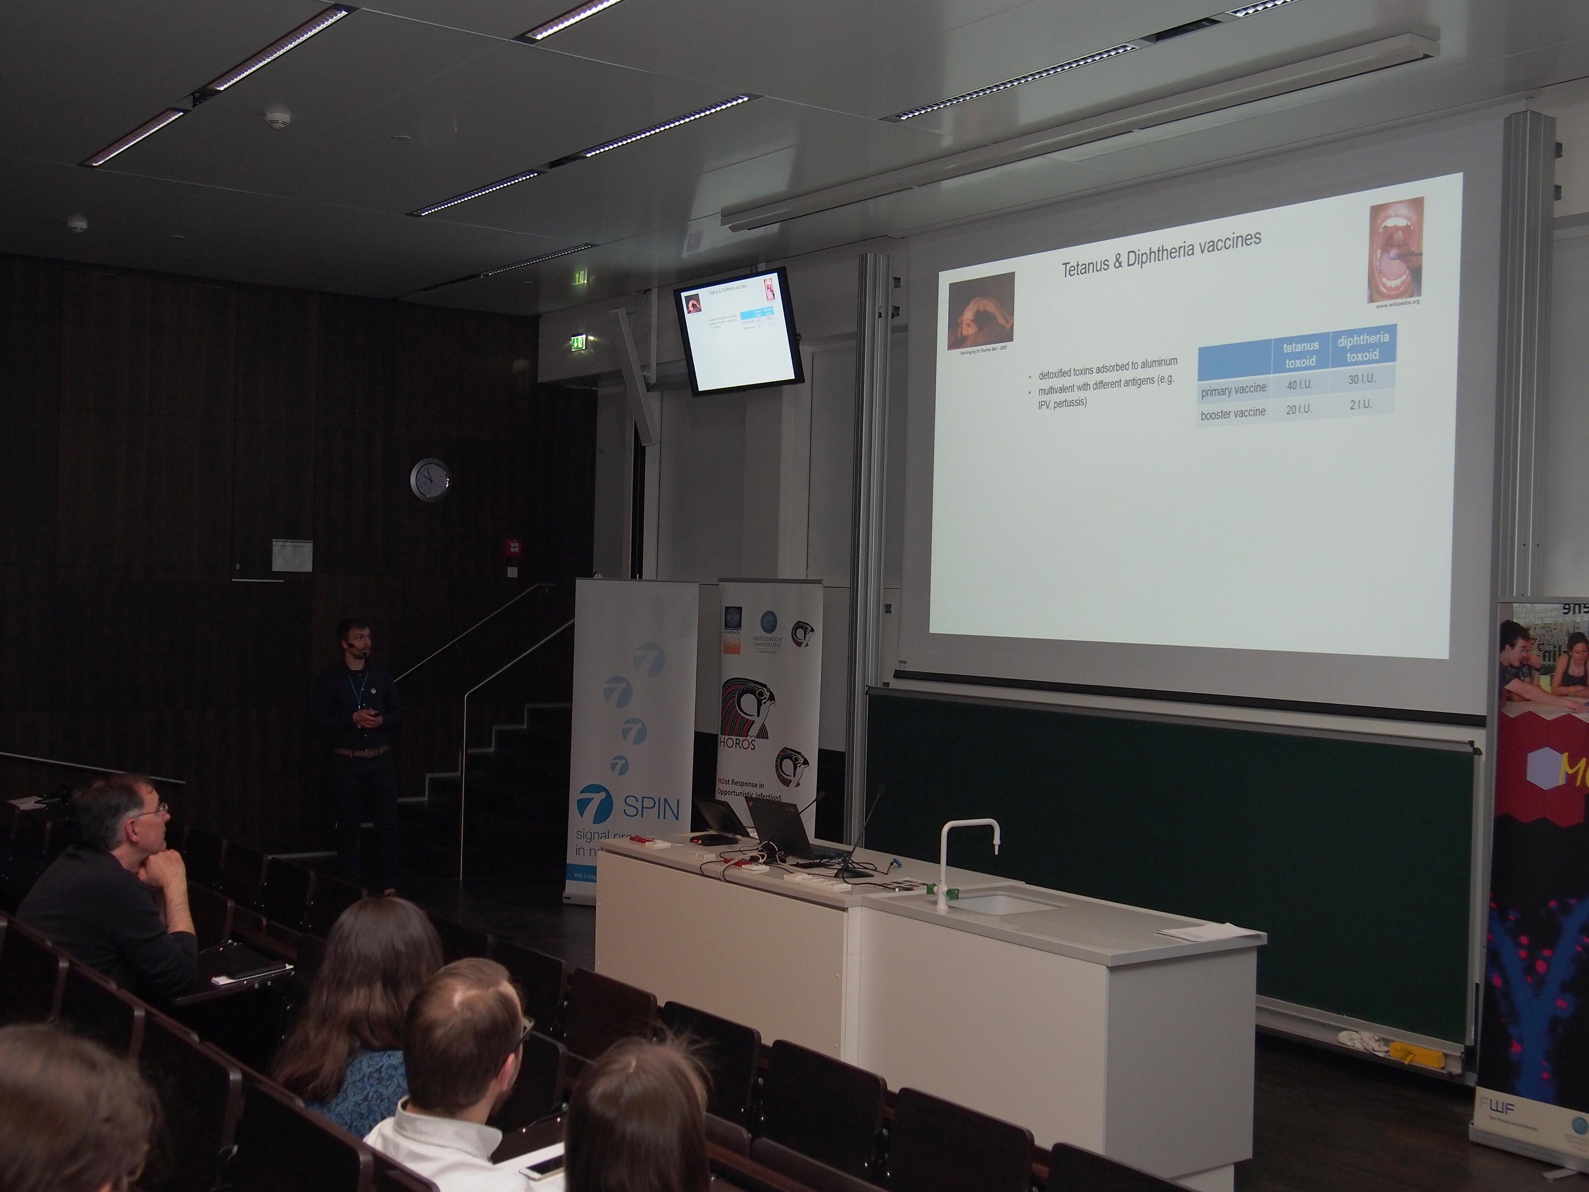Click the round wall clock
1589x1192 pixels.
tap(429, 479)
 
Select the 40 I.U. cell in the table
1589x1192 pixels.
tap(1299, 385)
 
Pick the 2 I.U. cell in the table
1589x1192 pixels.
tap(1360, 405)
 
